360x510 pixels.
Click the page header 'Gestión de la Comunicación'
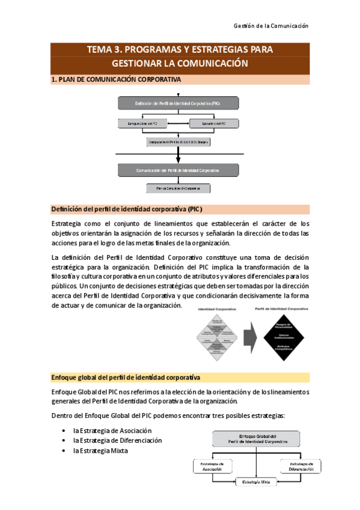[x=270, y=26]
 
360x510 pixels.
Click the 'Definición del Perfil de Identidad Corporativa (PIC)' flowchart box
[x=177, y=103]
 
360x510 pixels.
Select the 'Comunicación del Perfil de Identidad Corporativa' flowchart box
[x=177, y=170]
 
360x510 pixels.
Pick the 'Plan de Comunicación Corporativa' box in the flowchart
[x=178, y=188]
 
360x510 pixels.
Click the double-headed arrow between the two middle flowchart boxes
[x=178, y=124]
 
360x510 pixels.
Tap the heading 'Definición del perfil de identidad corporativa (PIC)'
[x=126, y=209]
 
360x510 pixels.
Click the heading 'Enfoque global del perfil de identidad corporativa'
[x=126, y=377]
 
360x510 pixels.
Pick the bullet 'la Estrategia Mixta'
[x=100, y=450]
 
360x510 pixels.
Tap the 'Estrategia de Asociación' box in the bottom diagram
[x=213, y=466]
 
